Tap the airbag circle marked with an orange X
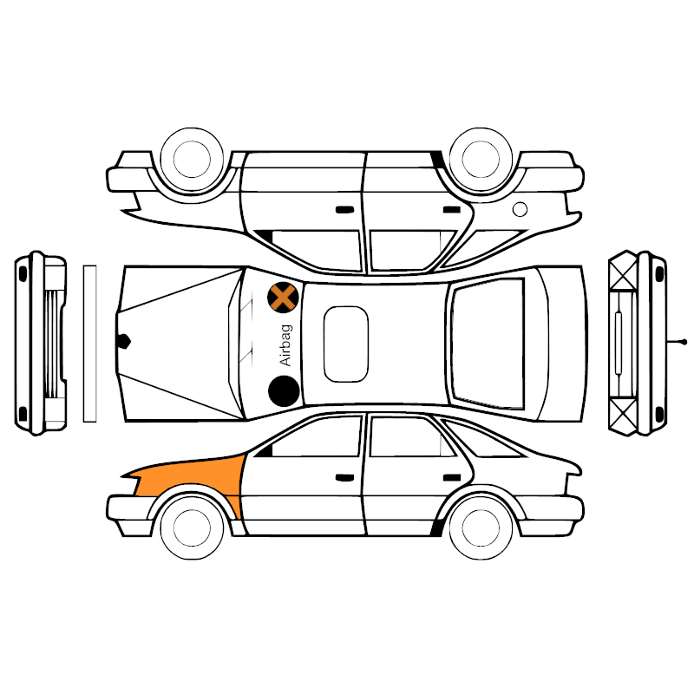pos(283,298)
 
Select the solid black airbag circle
pos(284,390)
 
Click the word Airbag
pos(286,345)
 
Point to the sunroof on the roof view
pos(345,344)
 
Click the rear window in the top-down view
pos(488,344)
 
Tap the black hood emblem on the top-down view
pos(123,341)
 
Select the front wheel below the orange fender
pos(192,528)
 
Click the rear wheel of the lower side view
pos(481,528)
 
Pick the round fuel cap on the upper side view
pos(520,209)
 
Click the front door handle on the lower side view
pos(344,477)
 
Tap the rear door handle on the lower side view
pos(452,477)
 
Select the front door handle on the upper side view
pos(344,210)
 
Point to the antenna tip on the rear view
pos(684,342)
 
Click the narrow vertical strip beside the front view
pos(90,344)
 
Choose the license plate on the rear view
pos(619,344)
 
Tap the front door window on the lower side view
pos(316,437)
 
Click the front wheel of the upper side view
pos(192,160)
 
